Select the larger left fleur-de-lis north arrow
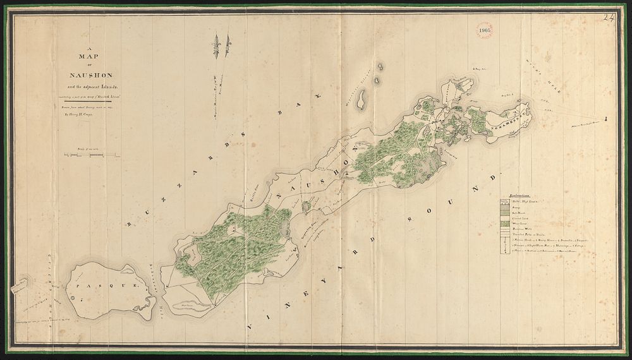click(x=216, y=46)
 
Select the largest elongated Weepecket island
click(x=363, y=100)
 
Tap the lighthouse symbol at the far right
click(x=605, y=118)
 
